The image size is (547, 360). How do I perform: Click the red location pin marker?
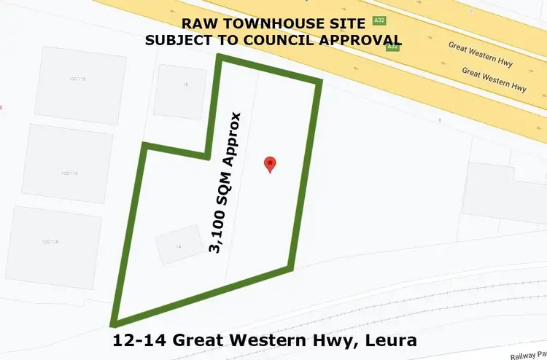click(270, 165)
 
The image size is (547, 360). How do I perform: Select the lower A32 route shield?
click(392, 47)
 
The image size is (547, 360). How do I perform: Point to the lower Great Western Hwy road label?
click(494, 80)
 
